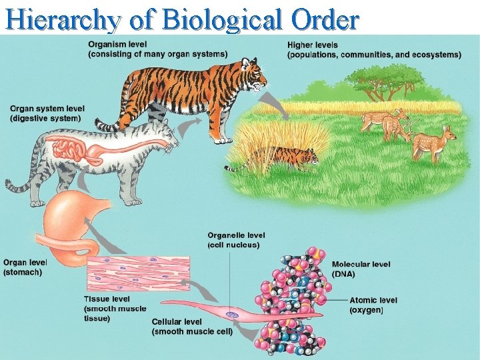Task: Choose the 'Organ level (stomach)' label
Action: pyautogui.click(x=25, y=267)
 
